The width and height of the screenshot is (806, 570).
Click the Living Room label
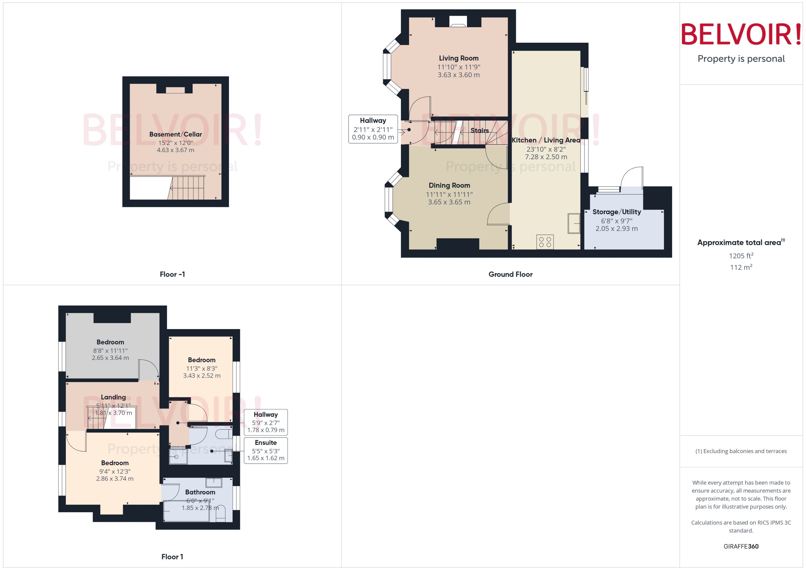point(458,58)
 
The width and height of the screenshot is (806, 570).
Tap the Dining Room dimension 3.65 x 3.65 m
point(449,202)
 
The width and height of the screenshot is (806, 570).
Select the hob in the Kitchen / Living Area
point(545,242)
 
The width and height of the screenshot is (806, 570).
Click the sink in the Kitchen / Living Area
point(573,223)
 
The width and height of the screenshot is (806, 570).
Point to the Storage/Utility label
point(616,212)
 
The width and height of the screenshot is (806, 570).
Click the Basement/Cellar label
point(175,134)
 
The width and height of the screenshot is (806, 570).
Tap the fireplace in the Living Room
point(458,22)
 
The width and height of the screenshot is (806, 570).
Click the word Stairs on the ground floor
point(479,130)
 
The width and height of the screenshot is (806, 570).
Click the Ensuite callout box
point(266,450)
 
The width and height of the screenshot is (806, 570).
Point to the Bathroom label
point(200,492)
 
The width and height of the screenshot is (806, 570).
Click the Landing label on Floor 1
point(113,397)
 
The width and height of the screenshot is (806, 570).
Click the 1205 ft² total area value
point(741,256)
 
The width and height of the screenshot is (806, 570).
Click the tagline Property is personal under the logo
point(741,59)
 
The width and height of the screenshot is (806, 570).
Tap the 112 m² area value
point(741,267)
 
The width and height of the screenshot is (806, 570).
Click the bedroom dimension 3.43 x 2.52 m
point(201,376)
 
